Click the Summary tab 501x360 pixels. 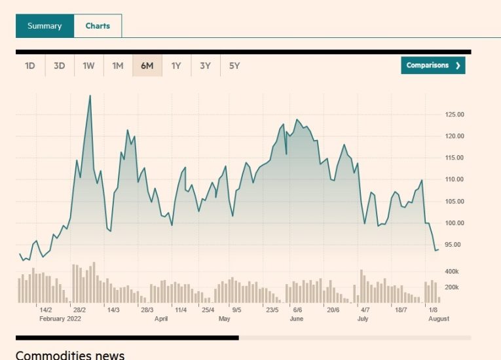pos(45,26)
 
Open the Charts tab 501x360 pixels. pos(98,26)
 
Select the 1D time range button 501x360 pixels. pos(30,65)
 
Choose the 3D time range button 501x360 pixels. pos(59,65)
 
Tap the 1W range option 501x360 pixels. pos(88,65)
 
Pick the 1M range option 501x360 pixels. pos(117,65)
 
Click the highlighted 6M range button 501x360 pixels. pos(147,65)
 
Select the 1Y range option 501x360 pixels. pos(176,65)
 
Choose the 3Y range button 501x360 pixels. pos(205,65)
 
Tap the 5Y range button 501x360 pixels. pos(234,65)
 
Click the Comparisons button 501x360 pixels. pos(433,65)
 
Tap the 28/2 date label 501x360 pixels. pos(80,310)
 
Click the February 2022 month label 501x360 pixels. pos(61,319)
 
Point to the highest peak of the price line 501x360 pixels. pos(90,96)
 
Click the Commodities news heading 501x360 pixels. pos(69,355)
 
